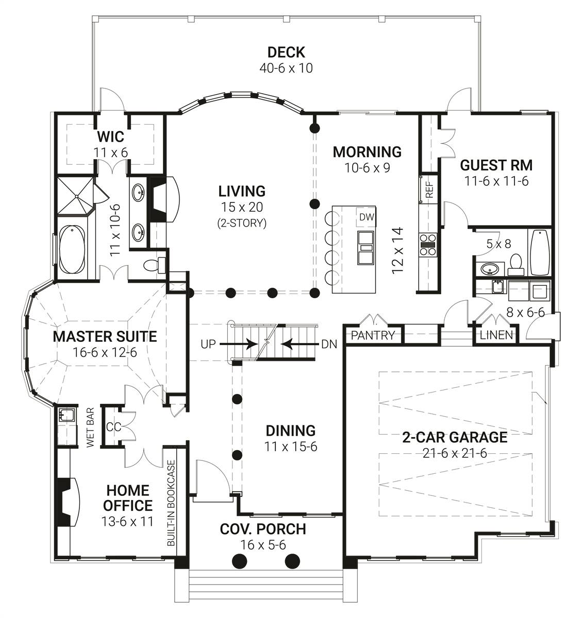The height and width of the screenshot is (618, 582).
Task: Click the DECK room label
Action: coord(286,53)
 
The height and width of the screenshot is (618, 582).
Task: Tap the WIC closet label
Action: coord(111,136)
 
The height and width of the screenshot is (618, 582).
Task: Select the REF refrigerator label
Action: coord(429,190)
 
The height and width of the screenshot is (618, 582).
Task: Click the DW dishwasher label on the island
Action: coord(367,217)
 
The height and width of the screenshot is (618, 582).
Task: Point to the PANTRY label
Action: coord(373,335)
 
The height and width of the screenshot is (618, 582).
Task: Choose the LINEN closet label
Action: coord(496,335)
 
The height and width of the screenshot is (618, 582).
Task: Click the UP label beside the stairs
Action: coord(208,345)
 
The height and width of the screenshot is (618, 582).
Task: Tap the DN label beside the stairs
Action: coord(329,345)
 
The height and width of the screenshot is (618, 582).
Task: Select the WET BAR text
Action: coord(90,427)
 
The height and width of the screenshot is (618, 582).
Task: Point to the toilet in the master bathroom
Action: coord(155,265)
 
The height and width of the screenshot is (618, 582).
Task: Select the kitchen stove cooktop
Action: coord(428,245)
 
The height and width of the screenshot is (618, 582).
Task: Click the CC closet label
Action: coord(113,427)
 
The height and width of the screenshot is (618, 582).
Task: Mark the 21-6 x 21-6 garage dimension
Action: coord(455,453)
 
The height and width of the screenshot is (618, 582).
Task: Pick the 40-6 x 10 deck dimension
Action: coord(286,68)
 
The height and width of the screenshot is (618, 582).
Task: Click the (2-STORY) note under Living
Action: coord(242,223)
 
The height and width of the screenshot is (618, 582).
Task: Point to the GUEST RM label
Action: coord(496,165)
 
